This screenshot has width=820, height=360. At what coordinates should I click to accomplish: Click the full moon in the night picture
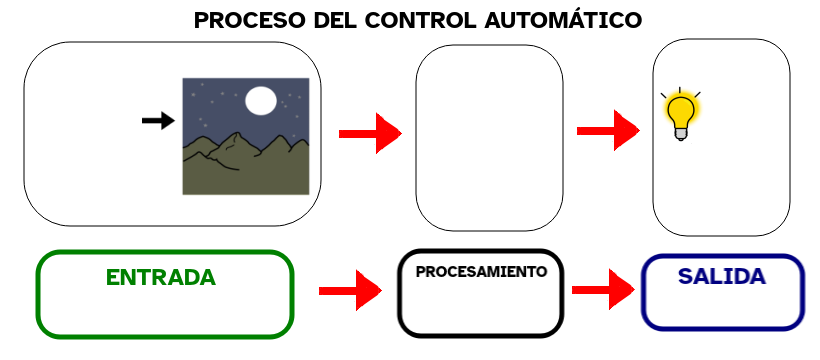coord(261,100)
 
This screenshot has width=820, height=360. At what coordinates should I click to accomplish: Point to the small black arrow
coord(158,121)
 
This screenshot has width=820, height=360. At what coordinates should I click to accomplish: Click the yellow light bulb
coord(681,110)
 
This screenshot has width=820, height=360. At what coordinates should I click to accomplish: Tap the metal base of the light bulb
coord(681,134)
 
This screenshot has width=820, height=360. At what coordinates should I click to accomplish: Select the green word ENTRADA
coord(161,277)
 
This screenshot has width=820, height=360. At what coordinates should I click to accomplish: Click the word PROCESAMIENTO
coord(481,271)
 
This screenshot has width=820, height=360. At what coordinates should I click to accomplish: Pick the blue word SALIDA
coord(722,276)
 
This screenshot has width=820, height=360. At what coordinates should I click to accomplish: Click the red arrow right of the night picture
coord(369,133)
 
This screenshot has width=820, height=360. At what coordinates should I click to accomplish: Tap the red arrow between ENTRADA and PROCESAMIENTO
coord(350,291)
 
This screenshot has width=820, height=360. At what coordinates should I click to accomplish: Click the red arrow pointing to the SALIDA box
coord(603,290)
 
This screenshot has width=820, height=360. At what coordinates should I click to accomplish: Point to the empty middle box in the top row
coord(489,137)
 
